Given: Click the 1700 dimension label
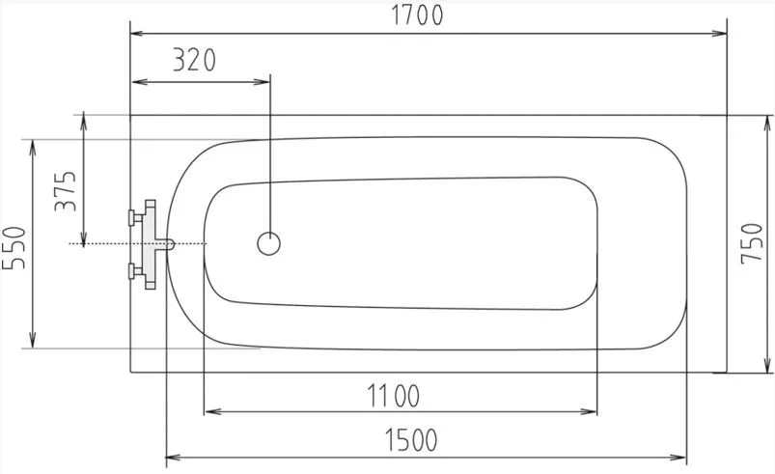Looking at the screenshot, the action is click(x=417, y=15).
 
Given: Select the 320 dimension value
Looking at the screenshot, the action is click(x=194, y=60).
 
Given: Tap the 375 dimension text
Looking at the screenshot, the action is click(x=66, y=191).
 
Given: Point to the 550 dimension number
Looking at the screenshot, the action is click(x=14, y=248).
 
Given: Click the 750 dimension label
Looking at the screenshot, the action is click(x=752, y=243).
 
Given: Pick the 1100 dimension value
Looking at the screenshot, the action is click(x=394, y=396).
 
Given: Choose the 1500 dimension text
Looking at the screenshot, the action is click(x=411, y=440).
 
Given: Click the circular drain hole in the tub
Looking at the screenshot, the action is click(x=269, y=243).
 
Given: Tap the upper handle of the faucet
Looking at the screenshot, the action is click(x=135, y=217).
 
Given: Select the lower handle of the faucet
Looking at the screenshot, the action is click(x=135, y=271).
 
